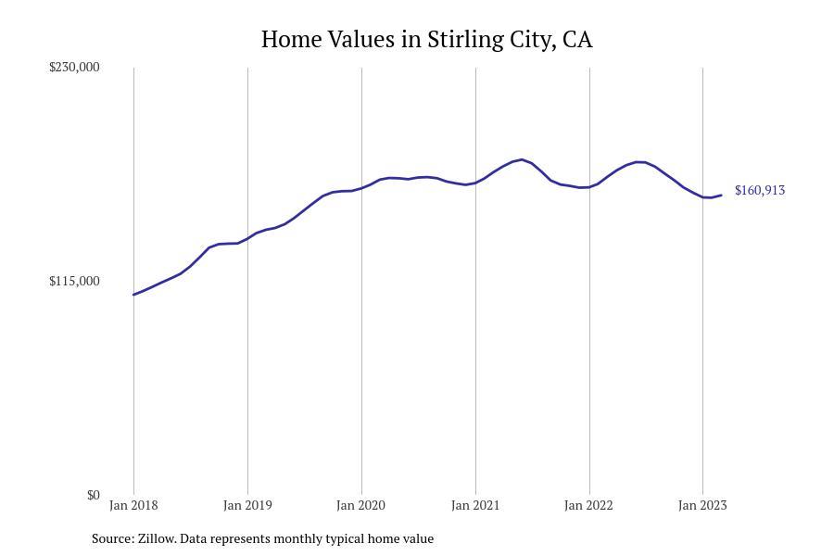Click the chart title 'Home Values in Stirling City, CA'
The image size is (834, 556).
click(426, 40)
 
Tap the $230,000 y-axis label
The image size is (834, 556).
click(74, 67)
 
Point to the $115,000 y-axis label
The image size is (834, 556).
click(74, 281)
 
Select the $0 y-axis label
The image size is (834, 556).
click(93, 495)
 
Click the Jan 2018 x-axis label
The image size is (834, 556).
click(133, 505)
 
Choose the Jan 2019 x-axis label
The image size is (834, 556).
click(247, 505)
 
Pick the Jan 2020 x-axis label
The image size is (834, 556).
click(361, 505)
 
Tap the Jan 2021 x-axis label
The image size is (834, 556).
click(475, 505)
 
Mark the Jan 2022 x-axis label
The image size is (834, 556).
click(589, 505)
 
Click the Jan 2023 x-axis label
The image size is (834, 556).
click(702, 505)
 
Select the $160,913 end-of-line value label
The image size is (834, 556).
click(759, 190)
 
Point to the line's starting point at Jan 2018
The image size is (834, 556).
click(133, 295)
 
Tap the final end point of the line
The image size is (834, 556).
click(722, 195)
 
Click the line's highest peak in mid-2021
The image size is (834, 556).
click(522, 159)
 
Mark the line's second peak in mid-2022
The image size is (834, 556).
click(638, 162)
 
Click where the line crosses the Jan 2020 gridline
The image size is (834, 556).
click(361, 188)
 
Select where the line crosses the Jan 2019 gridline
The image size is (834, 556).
click(247, 237)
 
